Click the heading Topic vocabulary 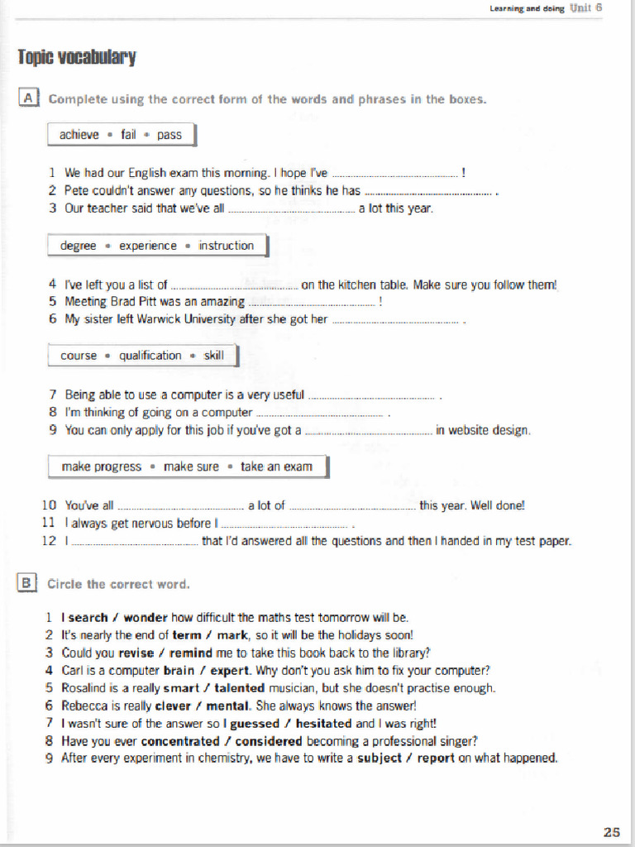tap(77, 57)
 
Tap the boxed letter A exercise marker tap(28, 98)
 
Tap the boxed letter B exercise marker tap(27, 583)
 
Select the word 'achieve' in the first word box tap(79, 135)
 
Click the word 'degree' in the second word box tap(79, 246)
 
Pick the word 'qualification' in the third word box tap(150, 356)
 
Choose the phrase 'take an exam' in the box tap(276, 467)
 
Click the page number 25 tap(611, 831)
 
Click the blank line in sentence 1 tap(394, 175)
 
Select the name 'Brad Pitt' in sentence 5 tap(134, 302)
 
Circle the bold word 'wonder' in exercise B tap(146, 617)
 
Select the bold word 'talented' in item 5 tap(239, 688)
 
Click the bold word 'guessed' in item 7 tap(255, 724)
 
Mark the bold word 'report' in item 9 tap(436, 758)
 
